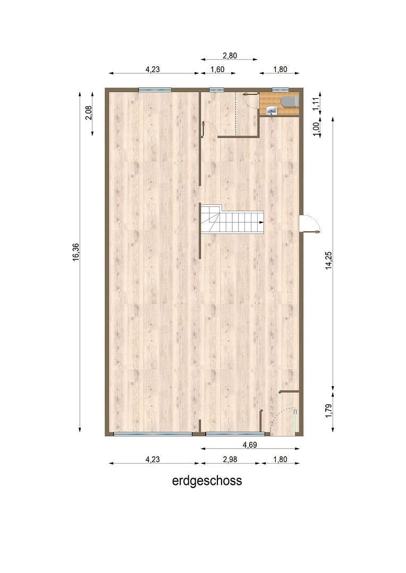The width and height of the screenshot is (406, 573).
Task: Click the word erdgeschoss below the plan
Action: coord(207,481)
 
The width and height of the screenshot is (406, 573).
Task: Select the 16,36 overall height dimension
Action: coord(76,251)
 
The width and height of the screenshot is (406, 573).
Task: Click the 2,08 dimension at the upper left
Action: coord(89,113)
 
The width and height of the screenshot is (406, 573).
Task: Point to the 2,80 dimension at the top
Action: coord(229,55)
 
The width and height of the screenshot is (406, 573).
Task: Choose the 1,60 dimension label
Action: coord(217,69)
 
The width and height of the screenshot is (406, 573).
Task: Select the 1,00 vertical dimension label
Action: coord(316,129)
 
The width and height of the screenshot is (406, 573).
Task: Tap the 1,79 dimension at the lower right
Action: coord(328,411)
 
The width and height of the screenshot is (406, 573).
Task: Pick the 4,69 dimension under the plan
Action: coord(250,445)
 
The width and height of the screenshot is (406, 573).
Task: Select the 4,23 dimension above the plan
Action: coord(154,69)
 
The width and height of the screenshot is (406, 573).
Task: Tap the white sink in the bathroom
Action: coord(272,110)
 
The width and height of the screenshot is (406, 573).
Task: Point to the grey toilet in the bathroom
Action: coord(289,101)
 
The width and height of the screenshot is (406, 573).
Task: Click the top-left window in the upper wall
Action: coord(155,90)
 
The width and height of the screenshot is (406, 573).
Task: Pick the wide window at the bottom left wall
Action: coord(153,434)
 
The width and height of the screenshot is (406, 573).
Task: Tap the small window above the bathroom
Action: coord(280,90)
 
